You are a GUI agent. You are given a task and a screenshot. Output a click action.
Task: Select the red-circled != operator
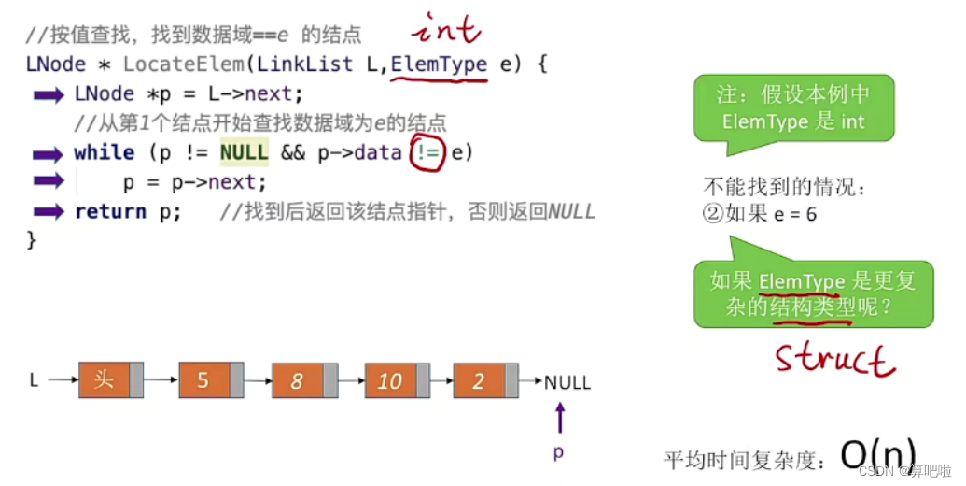click(427, 152)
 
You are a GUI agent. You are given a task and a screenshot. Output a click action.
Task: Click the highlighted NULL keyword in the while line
click(244, 152)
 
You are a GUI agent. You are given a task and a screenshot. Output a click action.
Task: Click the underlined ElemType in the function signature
click(439, 64)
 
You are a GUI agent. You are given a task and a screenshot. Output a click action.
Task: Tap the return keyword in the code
click(110, 211)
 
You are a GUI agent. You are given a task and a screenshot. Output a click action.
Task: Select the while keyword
click(104, 152)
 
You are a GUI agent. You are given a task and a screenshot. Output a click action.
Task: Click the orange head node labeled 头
click(105, 380)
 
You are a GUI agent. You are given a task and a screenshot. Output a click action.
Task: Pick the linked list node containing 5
click(203, 380)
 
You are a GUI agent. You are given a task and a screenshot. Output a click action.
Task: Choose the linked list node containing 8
click(296, 380)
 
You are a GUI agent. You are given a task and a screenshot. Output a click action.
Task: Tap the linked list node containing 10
click(389, 380)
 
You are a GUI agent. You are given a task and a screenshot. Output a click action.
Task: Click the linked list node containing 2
click(478, 380)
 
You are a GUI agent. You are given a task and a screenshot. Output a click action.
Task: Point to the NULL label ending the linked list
click(567, 381)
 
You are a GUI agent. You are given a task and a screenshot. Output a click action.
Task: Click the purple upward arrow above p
click(560, 416)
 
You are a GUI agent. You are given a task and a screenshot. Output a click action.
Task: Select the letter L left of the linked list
click(35, 380)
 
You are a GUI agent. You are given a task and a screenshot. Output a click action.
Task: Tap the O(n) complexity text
click(877, 455)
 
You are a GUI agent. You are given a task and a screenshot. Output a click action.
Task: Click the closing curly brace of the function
click(32, 239)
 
